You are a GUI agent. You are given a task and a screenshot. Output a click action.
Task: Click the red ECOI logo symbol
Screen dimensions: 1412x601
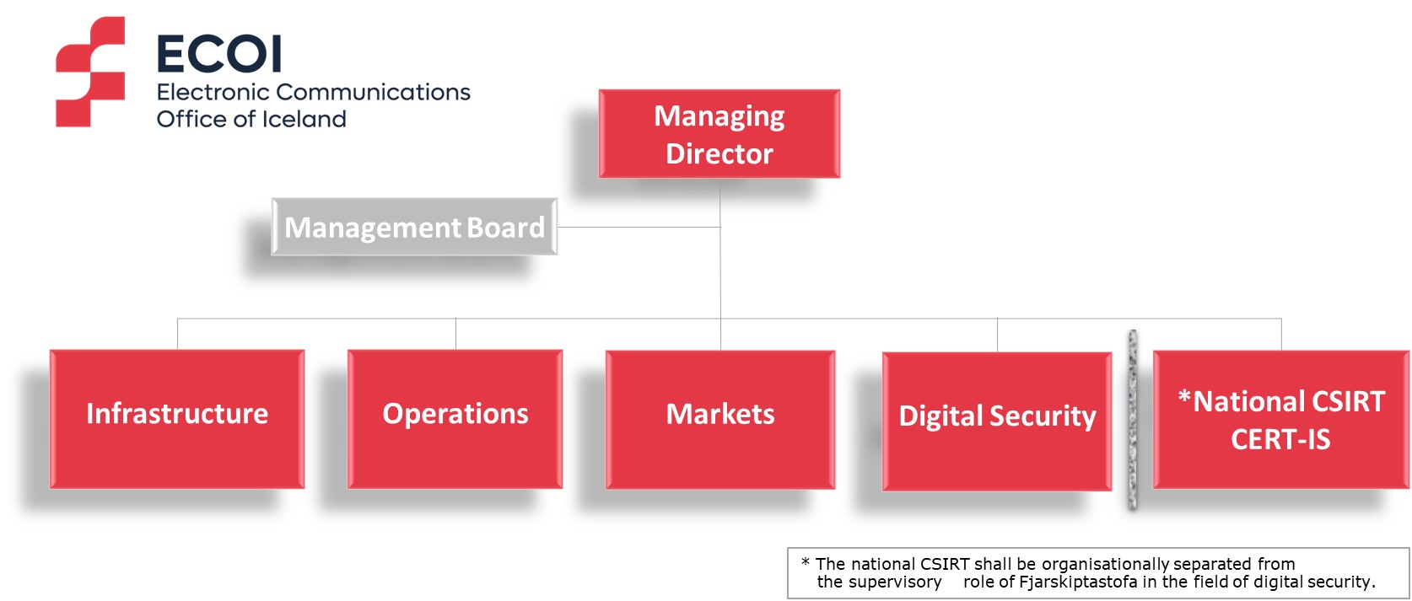(90, 72)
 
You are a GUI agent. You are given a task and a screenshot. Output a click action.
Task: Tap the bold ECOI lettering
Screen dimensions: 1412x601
(218, 54)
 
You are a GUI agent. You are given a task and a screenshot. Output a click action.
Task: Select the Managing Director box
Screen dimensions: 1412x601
(719, 133)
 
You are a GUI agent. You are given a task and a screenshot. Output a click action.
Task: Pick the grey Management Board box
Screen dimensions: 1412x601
(414, 227)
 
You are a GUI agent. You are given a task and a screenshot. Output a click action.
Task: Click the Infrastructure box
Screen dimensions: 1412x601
(177, 419)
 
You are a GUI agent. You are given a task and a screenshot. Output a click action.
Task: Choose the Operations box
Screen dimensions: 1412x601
(455, 419)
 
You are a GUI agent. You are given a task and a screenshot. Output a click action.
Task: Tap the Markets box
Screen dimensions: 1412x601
(720, 420)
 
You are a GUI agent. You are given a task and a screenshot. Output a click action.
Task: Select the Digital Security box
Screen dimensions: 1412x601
(997, 421)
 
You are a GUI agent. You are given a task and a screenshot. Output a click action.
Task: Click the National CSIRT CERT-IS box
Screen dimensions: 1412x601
(1281, 420)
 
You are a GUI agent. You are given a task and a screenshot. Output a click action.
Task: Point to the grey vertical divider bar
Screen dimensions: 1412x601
(1133, 420)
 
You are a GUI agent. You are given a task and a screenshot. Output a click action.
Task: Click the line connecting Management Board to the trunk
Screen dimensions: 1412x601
(639, 227)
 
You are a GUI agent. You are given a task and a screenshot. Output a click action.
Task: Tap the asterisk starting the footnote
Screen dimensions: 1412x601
(805, 562)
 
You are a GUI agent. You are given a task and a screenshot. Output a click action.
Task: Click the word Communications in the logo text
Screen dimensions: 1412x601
(373, 92)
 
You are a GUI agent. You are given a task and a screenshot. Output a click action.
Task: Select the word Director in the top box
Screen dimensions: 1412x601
(719, 153)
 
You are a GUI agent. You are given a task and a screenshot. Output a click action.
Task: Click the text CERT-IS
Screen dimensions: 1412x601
(1280, 439)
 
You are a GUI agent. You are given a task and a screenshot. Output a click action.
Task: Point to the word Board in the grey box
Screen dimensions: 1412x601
(505, 227)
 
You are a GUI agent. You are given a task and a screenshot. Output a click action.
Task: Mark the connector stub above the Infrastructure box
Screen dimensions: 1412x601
(178, 334)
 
